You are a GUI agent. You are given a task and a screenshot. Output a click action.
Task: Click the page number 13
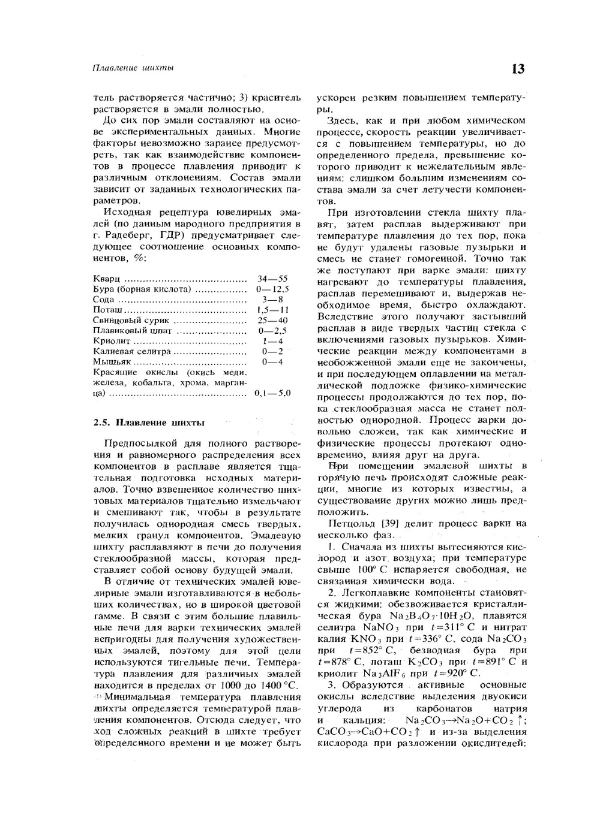click(517, 69)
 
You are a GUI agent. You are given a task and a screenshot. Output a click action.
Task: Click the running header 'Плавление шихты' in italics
click(133, 68)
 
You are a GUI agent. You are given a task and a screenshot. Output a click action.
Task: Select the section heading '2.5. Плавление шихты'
click(149, 422)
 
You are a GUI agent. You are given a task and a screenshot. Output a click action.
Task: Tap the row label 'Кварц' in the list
click(107, 279)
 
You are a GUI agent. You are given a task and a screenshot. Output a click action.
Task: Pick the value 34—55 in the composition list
click(272, 279)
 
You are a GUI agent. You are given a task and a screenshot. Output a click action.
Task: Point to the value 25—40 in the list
click(272, 320)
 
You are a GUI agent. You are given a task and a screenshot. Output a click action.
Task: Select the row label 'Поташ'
click(108, 310)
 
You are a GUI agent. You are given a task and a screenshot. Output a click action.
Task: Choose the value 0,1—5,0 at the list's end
click(272, 394)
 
